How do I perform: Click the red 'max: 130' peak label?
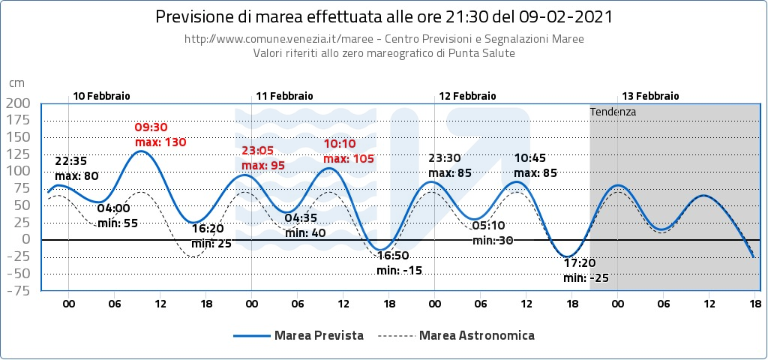pyautogui.click(x=160, y=142)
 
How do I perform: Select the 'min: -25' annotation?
pyautogui.click(x=586, y=278)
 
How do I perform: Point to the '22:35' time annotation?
pyautogui.click(x=72, y=161)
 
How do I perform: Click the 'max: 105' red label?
pyautogui.click(x=349, y=159)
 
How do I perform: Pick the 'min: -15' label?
pyautogui.click(x=399, y=270)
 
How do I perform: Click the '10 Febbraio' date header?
pyautogui.click(x=101, y=96)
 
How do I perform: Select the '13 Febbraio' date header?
pyautogui.click(x=650, y=96)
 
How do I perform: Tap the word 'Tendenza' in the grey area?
pyautogui.click(x=613, y=112)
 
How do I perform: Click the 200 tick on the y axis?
pyautogui.click(x=18, y=103)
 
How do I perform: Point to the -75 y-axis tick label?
pyautogui.click(x=18, y=291)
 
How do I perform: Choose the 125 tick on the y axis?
pyautogui.click(x=18, y=154)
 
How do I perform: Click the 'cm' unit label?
pyautogui.click(x=16, y=83)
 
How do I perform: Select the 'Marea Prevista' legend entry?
pyautogui.click(x=319, y=335)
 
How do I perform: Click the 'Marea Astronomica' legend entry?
pyautogui.click(x=477, y=335)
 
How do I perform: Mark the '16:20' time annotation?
pyautogui.click(x=208, y=229)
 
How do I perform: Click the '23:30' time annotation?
pyautogui.click(x=444, y=158)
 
